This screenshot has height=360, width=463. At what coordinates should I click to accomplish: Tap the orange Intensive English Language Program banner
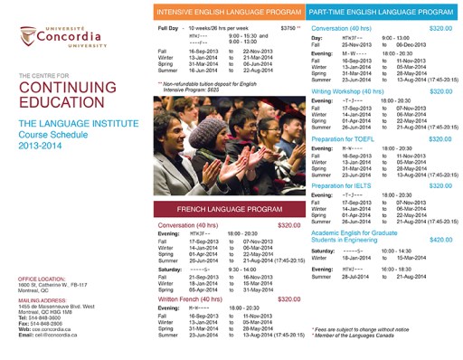pos(228,13)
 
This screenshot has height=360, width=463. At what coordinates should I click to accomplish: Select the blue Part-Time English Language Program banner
pos(380,13)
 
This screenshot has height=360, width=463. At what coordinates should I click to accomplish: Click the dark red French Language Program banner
pos(228,208)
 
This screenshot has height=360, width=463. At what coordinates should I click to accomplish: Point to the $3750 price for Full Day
pos(289,29)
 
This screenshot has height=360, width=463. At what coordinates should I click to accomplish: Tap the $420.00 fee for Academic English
pos(440,240)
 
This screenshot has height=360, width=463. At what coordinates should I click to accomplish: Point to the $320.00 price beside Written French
pos(288,298)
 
